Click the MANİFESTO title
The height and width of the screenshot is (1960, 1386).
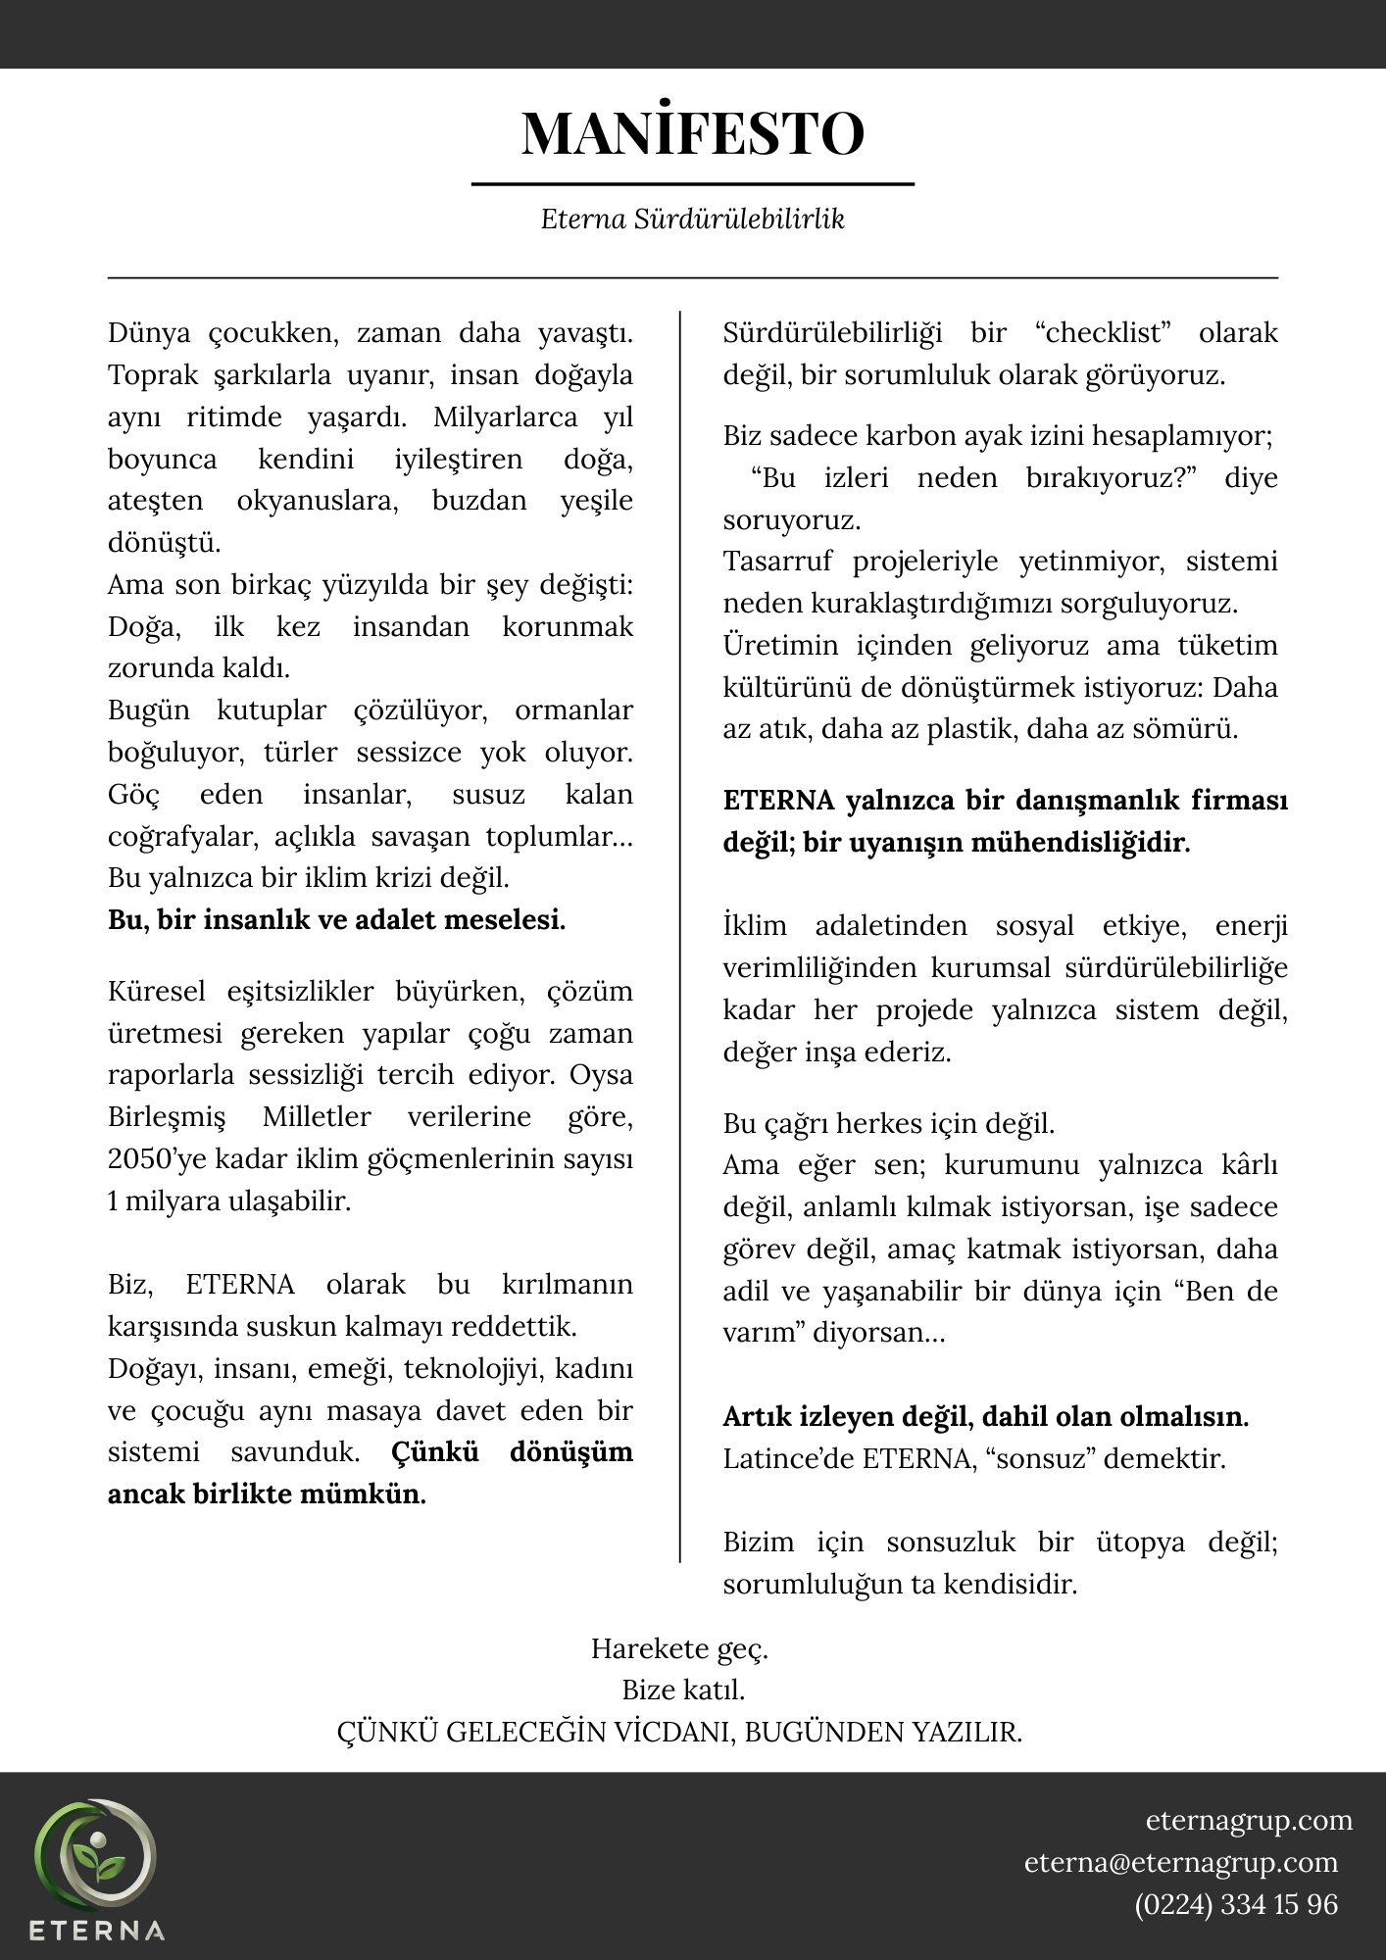point(692,133)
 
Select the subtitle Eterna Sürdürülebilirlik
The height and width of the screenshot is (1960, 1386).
point(692,219)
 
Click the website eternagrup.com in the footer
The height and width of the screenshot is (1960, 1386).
point(1249,1820)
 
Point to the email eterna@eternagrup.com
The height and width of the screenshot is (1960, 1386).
point(1181,1862)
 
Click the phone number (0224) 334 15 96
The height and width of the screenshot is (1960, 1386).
point(1236,1904)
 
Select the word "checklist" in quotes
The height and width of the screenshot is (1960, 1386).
point(1104,333)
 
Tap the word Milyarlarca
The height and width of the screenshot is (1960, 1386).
point(505,417)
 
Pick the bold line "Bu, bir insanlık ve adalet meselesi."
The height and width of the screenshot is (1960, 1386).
point(336,920)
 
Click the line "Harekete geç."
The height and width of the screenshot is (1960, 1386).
point(679,1648)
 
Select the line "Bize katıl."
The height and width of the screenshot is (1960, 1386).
point(683,1690)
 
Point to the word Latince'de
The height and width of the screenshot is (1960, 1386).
point(788,1459)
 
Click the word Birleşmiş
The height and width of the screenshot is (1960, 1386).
point(167,1117)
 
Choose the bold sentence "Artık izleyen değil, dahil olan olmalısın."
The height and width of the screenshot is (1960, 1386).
point(985,1417)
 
